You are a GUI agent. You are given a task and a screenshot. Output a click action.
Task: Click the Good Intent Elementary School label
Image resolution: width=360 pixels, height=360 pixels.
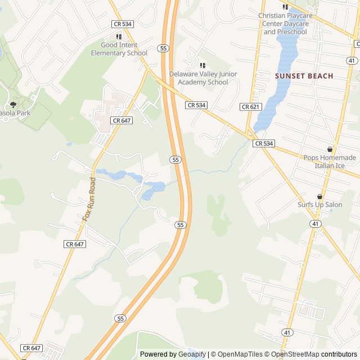tap(119, 49)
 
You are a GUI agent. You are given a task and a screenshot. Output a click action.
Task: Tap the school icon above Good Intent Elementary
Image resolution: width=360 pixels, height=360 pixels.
tap(119, 37)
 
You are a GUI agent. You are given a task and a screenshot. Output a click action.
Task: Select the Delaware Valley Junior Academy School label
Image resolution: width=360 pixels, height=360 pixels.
tap(202, 78)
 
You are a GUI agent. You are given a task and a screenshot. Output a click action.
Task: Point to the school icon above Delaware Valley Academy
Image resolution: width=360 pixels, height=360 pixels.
tap(202, 66)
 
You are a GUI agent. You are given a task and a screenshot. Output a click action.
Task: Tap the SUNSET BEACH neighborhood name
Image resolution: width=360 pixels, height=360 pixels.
tap(304, 76)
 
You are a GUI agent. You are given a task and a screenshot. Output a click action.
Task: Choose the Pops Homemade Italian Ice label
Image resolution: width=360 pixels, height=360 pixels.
tap(330, 161)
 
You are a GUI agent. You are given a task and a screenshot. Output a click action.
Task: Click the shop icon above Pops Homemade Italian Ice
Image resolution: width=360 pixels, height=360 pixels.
tap(330, 150)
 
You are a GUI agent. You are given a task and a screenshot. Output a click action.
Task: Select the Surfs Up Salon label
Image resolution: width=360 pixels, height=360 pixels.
tap(319, 205)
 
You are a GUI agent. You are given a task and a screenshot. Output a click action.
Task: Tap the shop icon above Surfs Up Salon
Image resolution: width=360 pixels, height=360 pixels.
tap(319, 196)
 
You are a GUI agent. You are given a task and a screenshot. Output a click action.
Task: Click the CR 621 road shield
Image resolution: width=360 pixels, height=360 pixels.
tap(249, 107)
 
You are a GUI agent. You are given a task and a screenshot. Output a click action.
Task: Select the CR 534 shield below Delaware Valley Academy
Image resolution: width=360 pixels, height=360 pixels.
tap(196, 105)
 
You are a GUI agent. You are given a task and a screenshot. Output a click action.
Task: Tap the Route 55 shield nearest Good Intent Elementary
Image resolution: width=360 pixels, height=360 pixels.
tap(163, 48)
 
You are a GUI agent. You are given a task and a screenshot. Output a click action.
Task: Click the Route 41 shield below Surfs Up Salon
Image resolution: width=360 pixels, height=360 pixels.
tap(316, 224)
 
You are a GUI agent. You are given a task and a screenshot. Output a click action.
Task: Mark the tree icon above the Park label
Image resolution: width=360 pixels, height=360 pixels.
tap(13, 105)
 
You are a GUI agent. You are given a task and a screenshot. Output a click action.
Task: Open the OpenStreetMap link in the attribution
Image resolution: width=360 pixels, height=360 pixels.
tap(295, 354)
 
